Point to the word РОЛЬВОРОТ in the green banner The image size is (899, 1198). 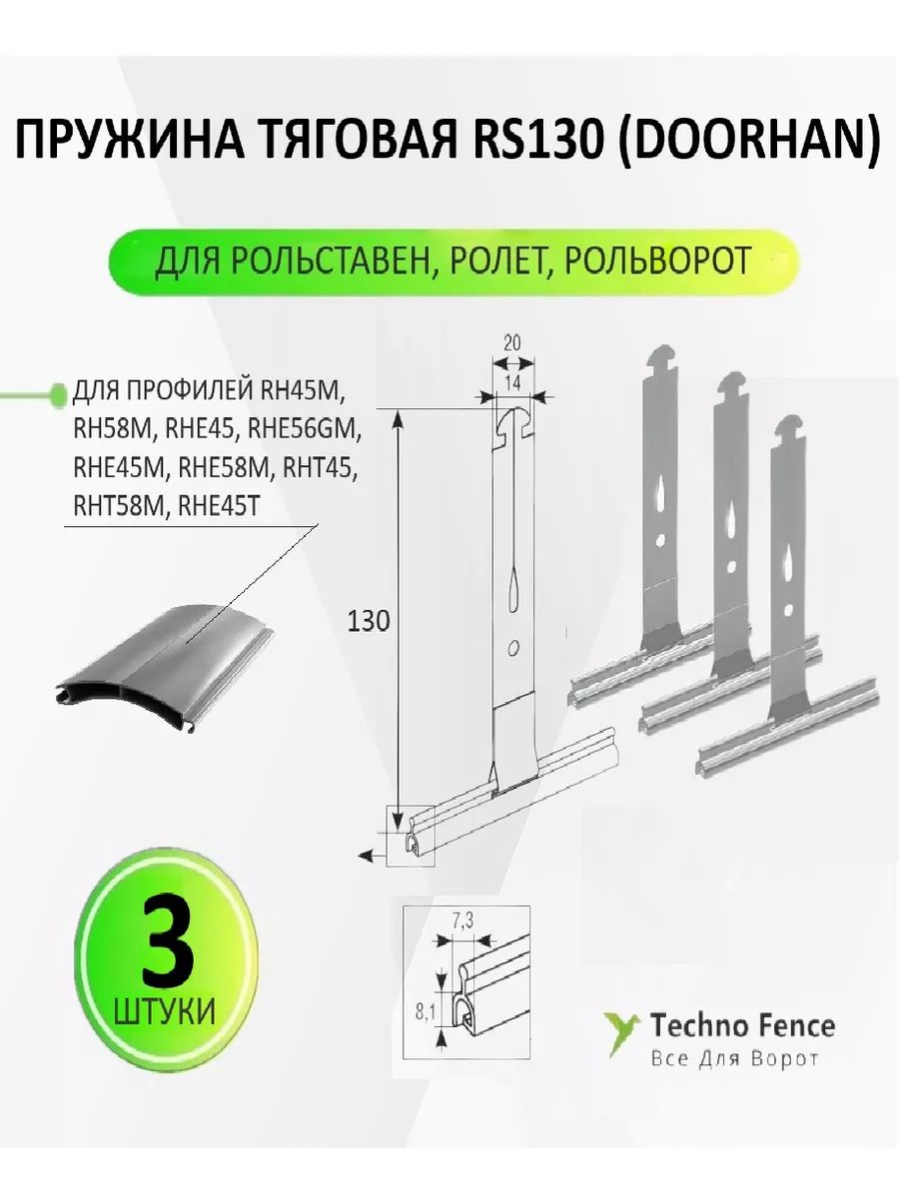click(657, 261)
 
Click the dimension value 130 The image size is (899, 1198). click(369, 622)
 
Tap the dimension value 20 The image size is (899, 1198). click(512, 342)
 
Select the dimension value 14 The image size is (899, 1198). click(512, 383)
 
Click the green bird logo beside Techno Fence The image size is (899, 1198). click(621, 1031)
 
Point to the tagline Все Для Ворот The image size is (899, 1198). click(735, 1059)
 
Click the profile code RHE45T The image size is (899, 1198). click(218, 507)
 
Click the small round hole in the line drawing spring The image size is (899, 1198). click(513, 648)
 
